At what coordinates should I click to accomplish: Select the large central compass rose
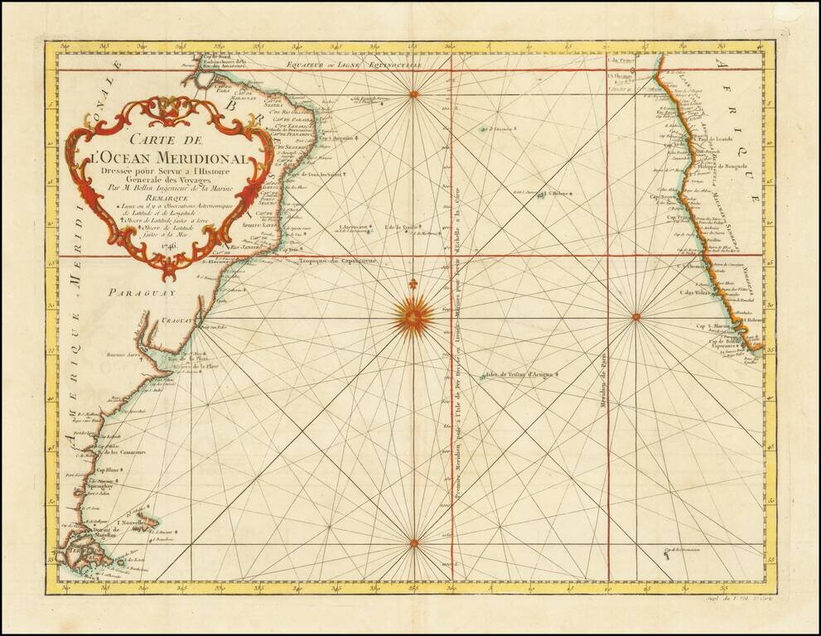[413, 316]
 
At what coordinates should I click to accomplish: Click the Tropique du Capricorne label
[337, 261]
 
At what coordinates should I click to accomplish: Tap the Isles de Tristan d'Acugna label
[520, 374]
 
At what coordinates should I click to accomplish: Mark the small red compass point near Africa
[635, 316]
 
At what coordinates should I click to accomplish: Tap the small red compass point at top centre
[413, 94]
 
